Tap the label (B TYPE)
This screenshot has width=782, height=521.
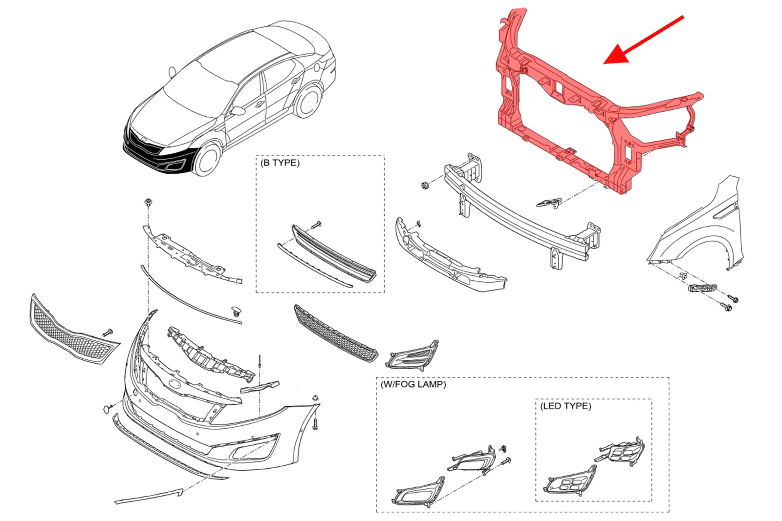click(x=280, y=163)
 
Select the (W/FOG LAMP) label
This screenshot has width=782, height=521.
click(x=413, y=384)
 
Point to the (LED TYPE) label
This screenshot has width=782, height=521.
click(x=565, y=406)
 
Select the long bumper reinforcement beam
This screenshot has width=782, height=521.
click(x=522, y=211)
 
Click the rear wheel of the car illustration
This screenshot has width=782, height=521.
click(x=308, y=101)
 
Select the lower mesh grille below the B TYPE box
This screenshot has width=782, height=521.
click(x=336, y=333)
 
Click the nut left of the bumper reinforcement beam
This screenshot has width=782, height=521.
click(x=425, y=185)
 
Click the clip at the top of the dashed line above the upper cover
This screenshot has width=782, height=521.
click(x=149, y=202)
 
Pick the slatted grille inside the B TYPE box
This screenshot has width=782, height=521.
click(x=334, y=254)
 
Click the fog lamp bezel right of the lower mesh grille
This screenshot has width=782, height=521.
click(x=413, y=355)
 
